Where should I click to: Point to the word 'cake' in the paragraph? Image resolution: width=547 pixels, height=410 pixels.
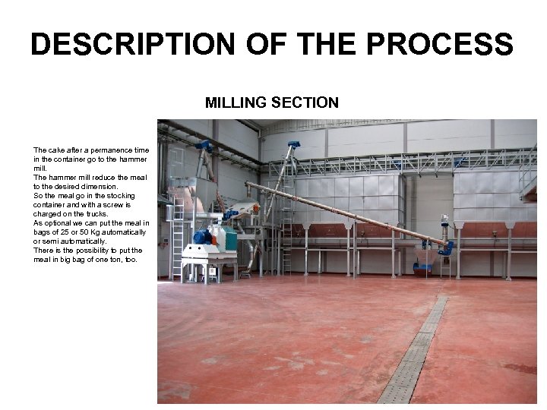pyautogui.click(x=56, y=150)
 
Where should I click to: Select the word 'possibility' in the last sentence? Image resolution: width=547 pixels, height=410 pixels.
pyautogui.click(x=95, y=251)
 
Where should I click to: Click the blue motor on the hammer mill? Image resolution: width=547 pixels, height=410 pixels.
pyautogui.click(x=203, y=237)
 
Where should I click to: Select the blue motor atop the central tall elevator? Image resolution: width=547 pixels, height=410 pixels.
pyautogui.click(x=293, y=144)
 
